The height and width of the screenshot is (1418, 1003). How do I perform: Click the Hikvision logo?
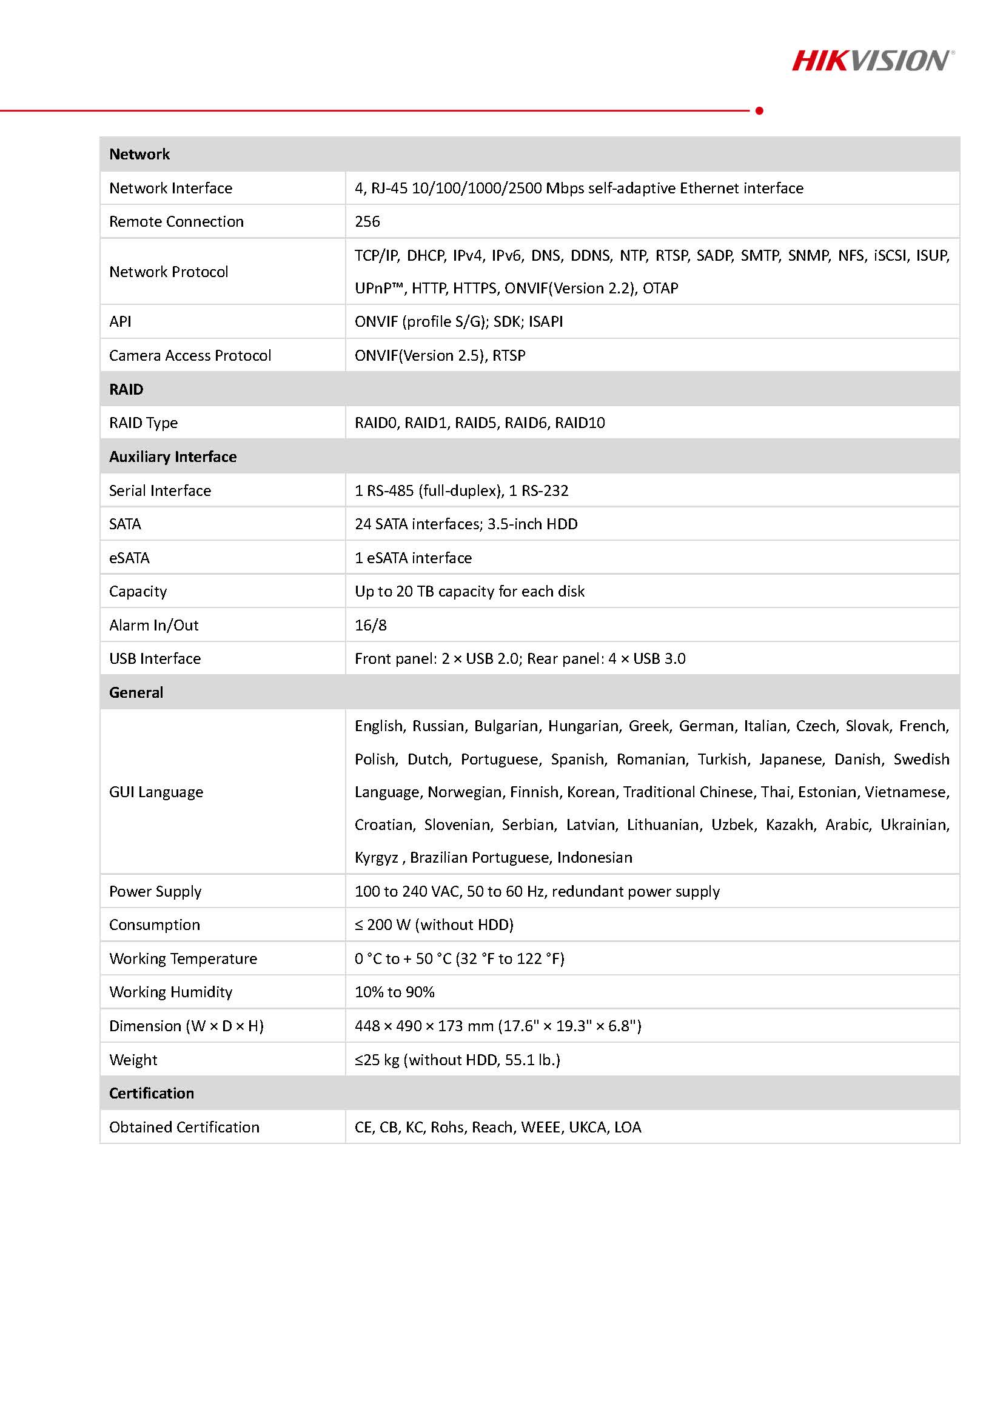coord(872,61)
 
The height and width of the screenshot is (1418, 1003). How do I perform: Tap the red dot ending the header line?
coord(759,110)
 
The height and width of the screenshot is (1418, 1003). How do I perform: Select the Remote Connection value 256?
coord(367,222)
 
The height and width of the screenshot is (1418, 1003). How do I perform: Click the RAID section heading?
coord(126,389)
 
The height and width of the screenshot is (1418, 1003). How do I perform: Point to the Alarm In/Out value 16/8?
coord(371,625)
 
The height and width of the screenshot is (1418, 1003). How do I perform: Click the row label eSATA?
coord(129,558)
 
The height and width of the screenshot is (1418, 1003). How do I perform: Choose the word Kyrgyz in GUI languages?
coord(376,858)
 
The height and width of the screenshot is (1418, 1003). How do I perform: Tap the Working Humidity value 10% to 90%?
coord(394,992)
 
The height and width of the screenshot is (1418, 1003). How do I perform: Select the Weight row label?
coord(133,1060)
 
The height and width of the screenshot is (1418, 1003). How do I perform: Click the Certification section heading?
coord(152,1093)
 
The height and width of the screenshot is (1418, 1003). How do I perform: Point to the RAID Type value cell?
coord(479,423)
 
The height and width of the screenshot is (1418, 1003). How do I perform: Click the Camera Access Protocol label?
coord(190,356)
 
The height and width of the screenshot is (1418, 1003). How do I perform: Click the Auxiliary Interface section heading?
coord(172,457)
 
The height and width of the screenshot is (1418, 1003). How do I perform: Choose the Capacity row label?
coord(138,592)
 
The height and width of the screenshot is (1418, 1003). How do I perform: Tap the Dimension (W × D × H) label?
coord(186,1026)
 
